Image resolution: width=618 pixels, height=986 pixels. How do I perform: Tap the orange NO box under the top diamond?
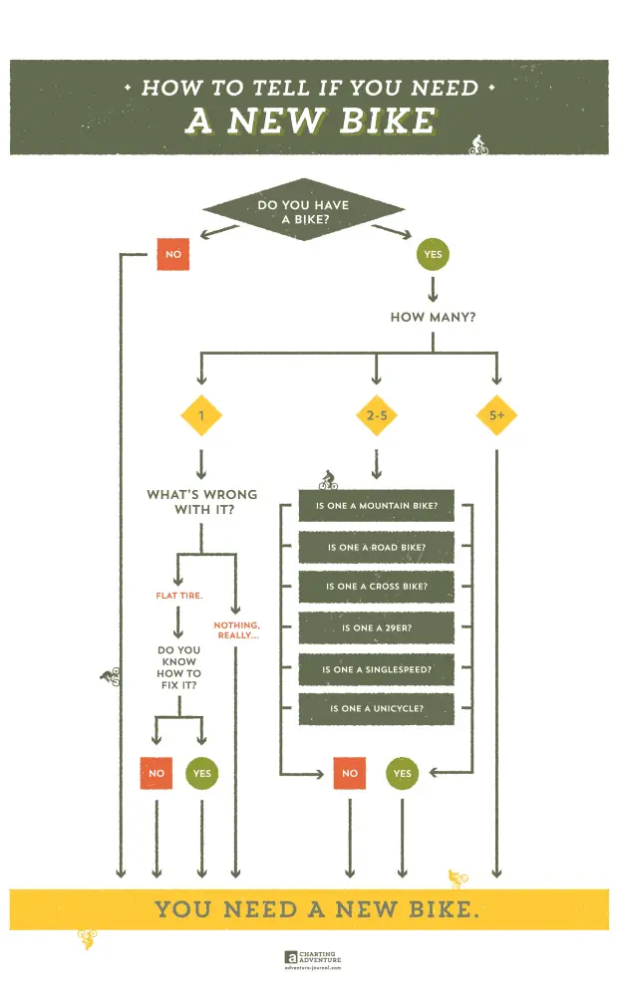(173, 254)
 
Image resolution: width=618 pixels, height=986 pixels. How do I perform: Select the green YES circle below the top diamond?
(433, 254)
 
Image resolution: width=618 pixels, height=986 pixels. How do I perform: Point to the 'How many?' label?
(433, 319)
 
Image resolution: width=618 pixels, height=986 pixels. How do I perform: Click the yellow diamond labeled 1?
(200, 415)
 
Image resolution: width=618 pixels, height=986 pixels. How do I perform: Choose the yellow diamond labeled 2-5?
(376, 415)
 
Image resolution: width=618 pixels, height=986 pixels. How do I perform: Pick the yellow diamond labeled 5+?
(496, 415)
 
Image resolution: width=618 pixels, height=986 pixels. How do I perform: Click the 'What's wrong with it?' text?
(201, 501)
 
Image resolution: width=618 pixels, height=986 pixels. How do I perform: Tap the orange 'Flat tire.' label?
(179, 596)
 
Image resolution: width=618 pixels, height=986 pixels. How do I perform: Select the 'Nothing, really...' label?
(236, 629)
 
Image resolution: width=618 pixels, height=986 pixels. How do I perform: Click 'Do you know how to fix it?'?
(178, 668)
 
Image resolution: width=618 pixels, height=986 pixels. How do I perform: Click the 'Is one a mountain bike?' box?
(377, 506)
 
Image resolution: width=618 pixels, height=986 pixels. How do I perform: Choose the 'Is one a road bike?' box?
(377, 547)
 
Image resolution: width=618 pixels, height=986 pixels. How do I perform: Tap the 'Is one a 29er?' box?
(377, 628)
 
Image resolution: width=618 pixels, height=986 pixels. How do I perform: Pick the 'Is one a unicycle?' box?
(377, 709)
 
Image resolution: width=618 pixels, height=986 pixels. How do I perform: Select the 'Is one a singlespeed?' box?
(377, 669)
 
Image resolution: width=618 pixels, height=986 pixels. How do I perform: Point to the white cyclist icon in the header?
(478, 144)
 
